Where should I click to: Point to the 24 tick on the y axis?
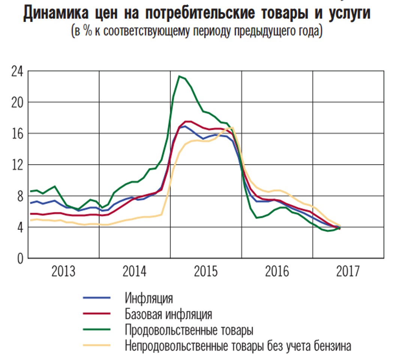click(17, 71)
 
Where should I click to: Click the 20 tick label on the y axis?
click(17, 102)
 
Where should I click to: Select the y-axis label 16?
click(17, 133)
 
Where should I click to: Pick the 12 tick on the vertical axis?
click(17, 164)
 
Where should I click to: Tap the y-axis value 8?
click(19, 196)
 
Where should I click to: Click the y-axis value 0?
click(19, 258)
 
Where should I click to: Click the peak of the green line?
click(180, 76)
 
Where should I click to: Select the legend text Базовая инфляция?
click(169, 314)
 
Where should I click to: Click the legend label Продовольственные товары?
click(189, 330)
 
